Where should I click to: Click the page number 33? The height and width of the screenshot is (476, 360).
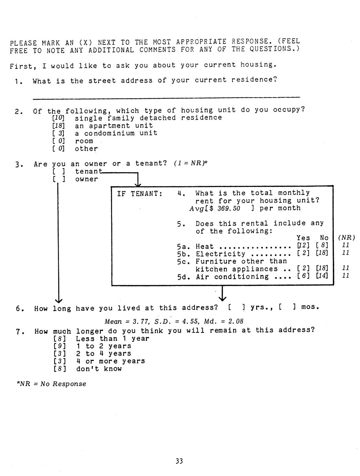click(x=179, y=461)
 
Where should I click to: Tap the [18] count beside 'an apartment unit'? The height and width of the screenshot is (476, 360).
click(x=59, y=126)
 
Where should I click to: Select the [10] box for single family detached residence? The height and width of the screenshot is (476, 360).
click(x=59, y=118)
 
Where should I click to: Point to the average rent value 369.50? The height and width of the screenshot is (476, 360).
click(x=229, y=208)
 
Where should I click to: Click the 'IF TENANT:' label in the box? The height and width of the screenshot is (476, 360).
click(x=140, y=194)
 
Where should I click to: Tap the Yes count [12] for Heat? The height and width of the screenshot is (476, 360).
click(x=303, y=245)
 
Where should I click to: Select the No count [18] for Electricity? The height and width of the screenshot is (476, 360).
click(x=322, y=253)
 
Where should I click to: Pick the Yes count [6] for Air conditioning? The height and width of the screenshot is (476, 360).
click(x=303, y=276)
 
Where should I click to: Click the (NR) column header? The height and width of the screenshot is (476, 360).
click(x=347, y=238)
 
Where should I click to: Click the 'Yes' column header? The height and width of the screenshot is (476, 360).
click(x=303, y=238)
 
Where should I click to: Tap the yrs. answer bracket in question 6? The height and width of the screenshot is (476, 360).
click(x=237, y=307)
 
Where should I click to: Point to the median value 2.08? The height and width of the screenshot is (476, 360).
click(x=236, y=321)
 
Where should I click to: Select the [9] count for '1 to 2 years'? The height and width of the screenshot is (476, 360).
click(x=60, y=346)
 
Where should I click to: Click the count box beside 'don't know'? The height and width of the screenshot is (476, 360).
click(x=60, y=369)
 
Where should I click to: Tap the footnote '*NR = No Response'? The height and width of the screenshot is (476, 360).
click(x=51, y=384)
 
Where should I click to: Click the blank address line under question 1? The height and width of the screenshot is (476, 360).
click(x=167, y=98)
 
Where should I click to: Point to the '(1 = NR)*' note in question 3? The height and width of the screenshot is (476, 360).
click(x=191, y=163)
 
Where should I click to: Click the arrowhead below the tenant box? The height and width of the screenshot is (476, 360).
click(x=222, y=298)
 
